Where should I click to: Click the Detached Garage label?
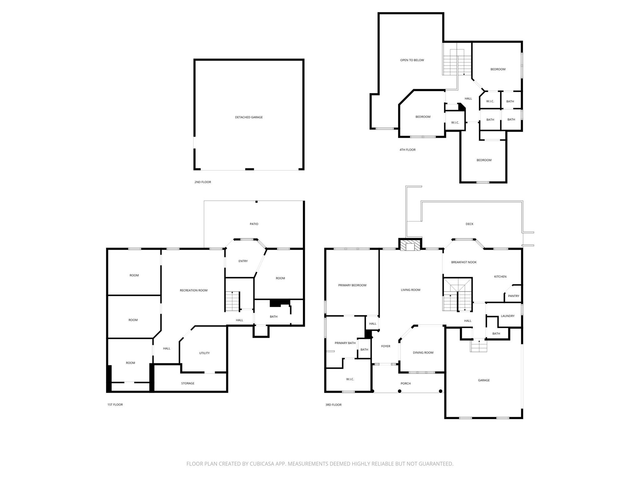click(x=249, y=117)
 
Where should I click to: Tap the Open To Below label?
click(x=412, y=60)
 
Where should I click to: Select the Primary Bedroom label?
click(x=352, y=285)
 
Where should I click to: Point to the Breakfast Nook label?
click(x=463, y=262)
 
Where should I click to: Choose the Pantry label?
click(x=513, y=296)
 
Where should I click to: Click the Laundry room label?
click(x=507, y=316)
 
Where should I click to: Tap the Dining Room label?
click(x=423, y=352)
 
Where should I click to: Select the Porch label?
click(x=405, y=383)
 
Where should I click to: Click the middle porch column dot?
click(x=399, y=391)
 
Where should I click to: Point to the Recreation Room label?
click(x=193, y=290)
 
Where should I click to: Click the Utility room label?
click(x=204, y=353)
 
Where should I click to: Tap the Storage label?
click(x=187, y=383)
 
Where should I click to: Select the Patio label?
click(x=254, y=224)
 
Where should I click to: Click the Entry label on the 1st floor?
click(x=243, y=261)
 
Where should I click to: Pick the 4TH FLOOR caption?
click(x=407, y=150)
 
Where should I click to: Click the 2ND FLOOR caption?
click(x=202, y=182)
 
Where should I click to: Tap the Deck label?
click(x=469, y=224)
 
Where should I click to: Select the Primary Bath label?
click(x=345, y=343)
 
